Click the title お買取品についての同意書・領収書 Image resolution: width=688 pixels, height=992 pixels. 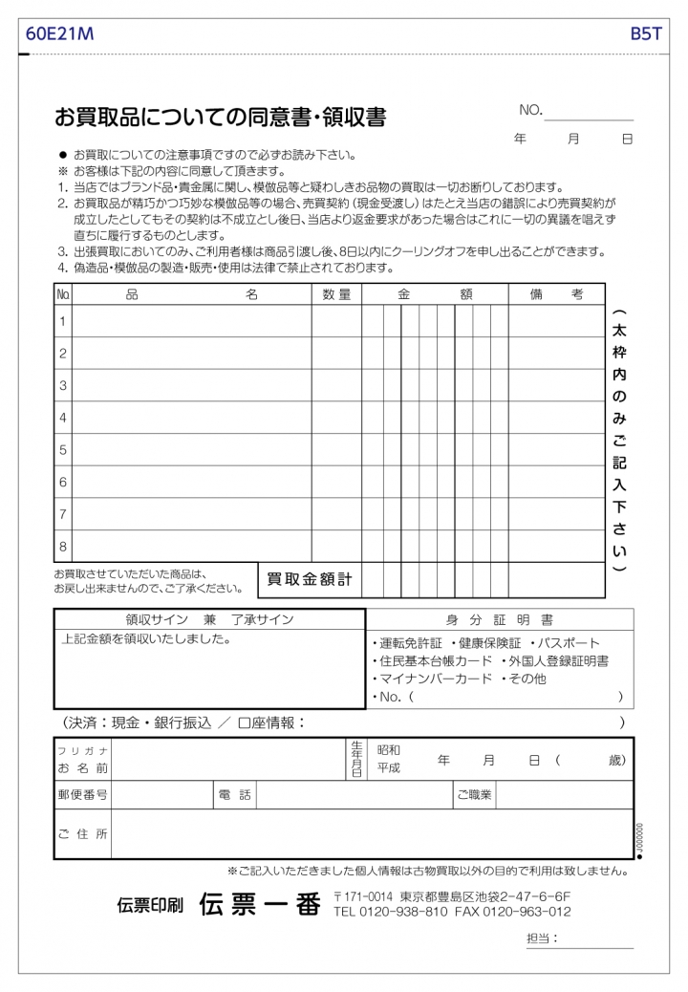pyautogui.click(x=221, y=118)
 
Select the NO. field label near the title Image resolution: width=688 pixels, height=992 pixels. pyautogui.click(x=530, y=111)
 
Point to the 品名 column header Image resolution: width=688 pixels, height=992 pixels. pyautogui.click(x=191, y=295)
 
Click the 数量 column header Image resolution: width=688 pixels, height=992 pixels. pyautogui.click(x=336, y=295)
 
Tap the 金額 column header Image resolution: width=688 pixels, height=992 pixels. pyautogui.click(x=435, y=295)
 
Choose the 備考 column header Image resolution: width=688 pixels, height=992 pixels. pyautogui.click(x=556, y=295)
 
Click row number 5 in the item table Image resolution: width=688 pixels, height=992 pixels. pyautogui.click(x=63, y=449)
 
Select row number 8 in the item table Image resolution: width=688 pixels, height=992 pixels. pyautogui.click(x=63, y=547)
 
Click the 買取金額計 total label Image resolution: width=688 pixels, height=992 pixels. pyautogui.click(x=309, y=579)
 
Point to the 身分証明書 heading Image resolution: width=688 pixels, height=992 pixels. pyautogui.click(x=499, y=620)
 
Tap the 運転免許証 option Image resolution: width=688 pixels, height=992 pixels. pyautogui.click(x=410, y=643)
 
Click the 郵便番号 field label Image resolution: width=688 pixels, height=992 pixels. pyautogui.click(x=82, y=794)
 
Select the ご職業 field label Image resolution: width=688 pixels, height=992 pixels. pyautogui.click(x=473, y=794)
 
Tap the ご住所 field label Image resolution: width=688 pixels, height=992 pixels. pyautogui.click(x=82, y=834)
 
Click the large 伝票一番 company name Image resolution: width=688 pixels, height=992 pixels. pyautogui.click(x=259, y=904)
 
